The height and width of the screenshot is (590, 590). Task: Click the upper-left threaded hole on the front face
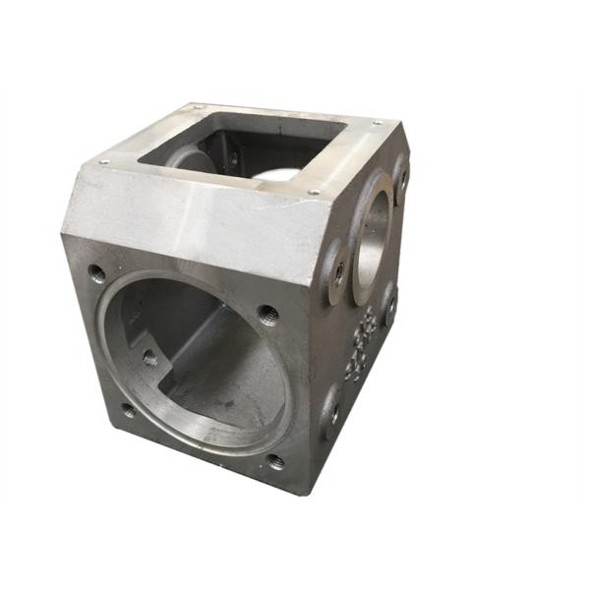pyautogui.click(x=96, y=272)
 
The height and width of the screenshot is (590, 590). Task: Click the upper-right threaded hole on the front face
pyautogui.click(x=267, y=315)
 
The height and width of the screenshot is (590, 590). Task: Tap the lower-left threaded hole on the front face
pyautogui.click(x=129, y=410)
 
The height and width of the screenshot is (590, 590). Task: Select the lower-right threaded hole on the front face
pyautogui.click(x=276, y=461)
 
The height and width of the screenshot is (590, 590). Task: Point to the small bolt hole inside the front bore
pyautogui.click(x=149, y=359)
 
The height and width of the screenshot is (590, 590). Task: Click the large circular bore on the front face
pyautogui.click(x=197, y=364)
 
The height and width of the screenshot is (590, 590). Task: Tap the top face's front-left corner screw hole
pyautogui.click(x=104, y=161)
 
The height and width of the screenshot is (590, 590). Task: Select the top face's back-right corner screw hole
pyautogui.click(x=377, y=123)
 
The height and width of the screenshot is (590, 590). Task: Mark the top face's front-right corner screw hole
pyautogui.click(x=313, y=191)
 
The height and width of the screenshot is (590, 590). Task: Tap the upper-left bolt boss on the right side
pyautogui.click(x=338, y=269)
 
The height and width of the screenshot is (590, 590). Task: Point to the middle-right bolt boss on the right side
pyautogui.click(x=390, y=304)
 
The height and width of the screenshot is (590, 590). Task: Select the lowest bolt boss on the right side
pyautogui.click(x=332, y=415)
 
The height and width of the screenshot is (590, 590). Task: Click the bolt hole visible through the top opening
pyautogui.click(x=234, y=157)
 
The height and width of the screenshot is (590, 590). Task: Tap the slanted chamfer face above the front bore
pyautogui.click(x=197, y=211)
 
